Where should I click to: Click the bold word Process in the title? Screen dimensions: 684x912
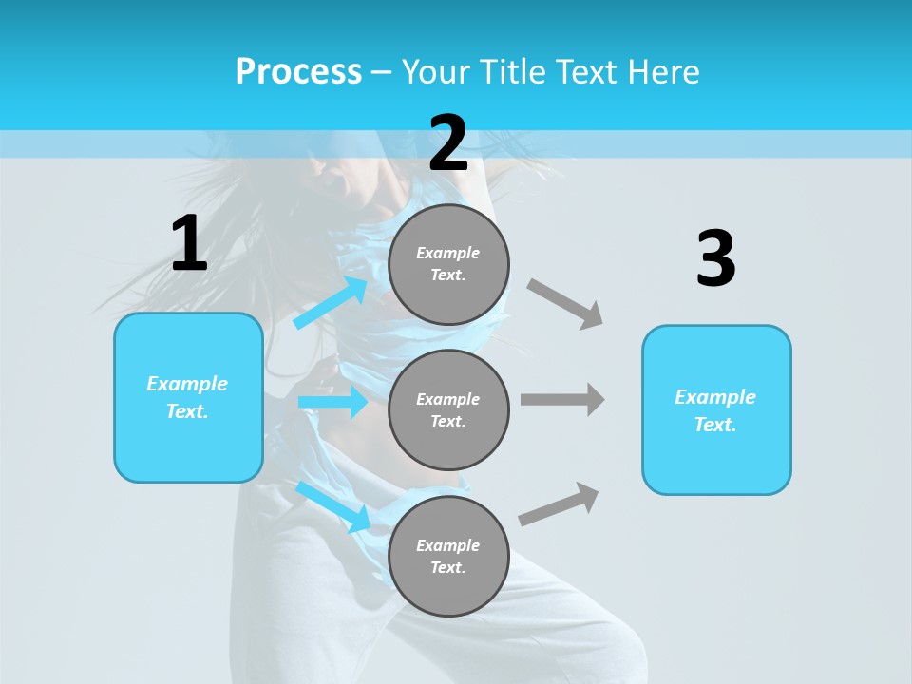pos(298,71)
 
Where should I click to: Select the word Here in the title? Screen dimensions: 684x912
pos(661,71)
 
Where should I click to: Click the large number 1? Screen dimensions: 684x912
pos(189,244)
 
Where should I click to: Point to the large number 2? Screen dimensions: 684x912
pos(448,143)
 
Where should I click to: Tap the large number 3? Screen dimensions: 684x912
pos(715,258)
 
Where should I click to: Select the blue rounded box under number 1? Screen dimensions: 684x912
pos(188,397)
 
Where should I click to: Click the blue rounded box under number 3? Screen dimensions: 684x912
pos(716,409)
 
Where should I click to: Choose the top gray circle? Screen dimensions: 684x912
pos(448,264)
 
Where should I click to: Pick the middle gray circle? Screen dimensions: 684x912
pos(448,409)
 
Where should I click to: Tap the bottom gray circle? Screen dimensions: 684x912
pos(448,556)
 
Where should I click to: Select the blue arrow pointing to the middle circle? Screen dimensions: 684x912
pos(332,402)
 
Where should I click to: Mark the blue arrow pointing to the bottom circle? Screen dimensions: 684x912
pos(333,506)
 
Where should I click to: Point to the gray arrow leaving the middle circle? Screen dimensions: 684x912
pos(562,399)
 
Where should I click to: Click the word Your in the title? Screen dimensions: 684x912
pos(433,71)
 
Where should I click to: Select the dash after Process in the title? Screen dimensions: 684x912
pos(382,72)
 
